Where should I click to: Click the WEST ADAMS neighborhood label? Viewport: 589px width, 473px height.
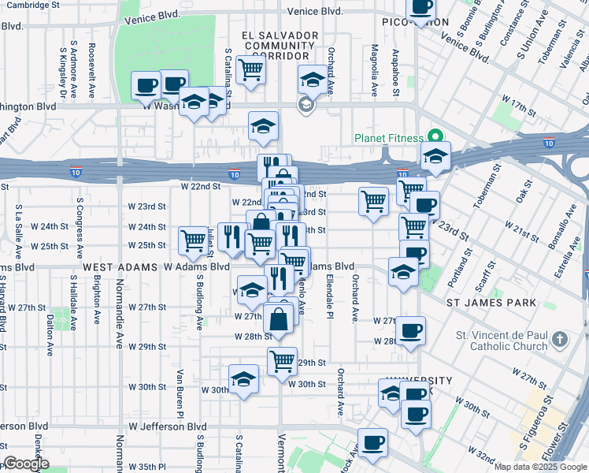118,268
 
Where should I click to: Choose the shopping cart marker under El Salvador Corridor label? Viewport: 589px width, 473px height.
250,69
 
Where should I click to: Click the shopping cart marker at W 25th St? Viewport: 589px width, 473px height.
194,240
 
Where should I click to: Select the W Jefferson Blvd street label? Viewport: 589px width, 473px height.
161,426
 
